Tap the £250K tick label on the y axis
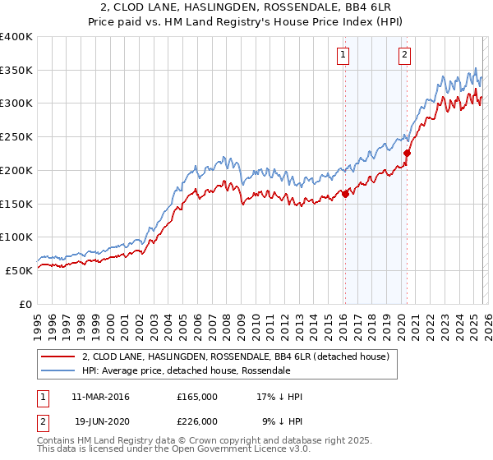(16, 137)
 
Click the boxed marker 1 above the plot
(342, 56)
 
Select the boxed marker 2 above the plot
(405, 56)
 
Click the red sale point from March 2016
(345, 194)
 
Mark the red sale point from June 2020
(407, 153)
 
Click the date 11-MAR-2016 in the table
(100, 397)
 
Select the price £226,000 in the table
(197, 421)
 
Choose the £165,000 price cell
(197, 397)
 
